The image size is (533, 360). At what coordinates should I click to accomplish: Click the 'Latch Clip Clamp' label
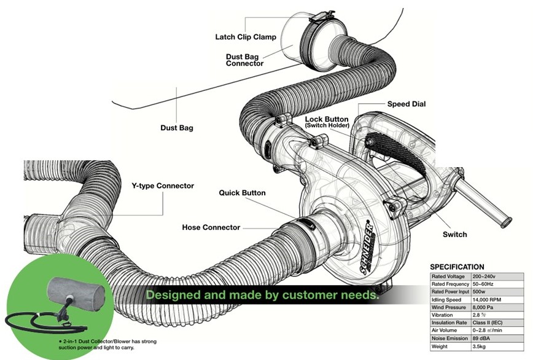pos(245,37)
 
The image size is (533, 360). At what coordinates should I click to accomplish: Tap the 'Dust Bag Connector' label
pos(245,59)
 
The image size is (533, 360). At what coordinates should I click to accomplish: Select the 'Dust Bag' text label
pos(177,128)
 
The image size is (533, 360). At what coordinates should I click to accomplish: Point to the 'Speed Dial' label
pos(407,104)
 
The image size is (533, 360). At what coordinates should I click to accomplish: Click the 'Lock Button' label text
pos(327,119)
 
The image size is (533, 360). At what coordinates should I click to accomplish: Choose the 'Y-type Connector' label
pos(163,186)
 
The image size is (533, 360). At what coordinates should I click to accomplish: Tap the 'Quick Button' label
pos(242,193)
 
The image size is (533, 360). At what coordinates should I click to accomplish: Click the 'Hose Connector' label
pos(211,227)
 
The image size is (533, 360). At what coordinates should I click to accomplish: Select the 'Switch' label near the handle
pos(454,234)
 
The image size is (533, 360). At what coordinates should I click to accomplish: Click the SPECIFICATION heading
pos(457,267)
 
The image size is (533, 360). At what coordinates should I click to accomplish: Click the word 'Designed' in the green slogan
pos(172,295)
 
